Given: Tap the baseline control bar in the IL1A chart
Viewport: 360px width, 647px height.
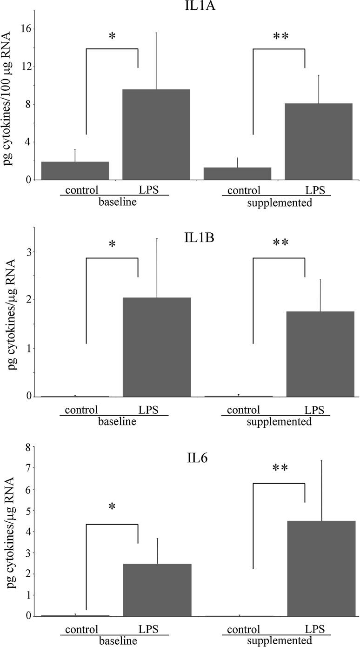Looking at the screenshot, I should [x=75, y=170].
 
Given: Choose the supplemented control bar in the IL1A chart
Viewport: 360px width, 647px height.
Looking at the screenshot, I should [x=237, y=173].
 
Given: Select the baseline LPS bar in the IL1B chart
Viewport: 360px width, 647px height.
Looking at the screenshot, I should [x=156, y=347].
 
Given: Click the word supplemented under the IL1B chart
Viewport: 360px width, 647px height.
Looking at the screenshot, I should [x=279, y=422].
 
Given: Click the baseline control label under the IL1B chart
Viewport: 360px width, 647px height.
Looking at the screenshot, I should [x=81, y=410].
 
